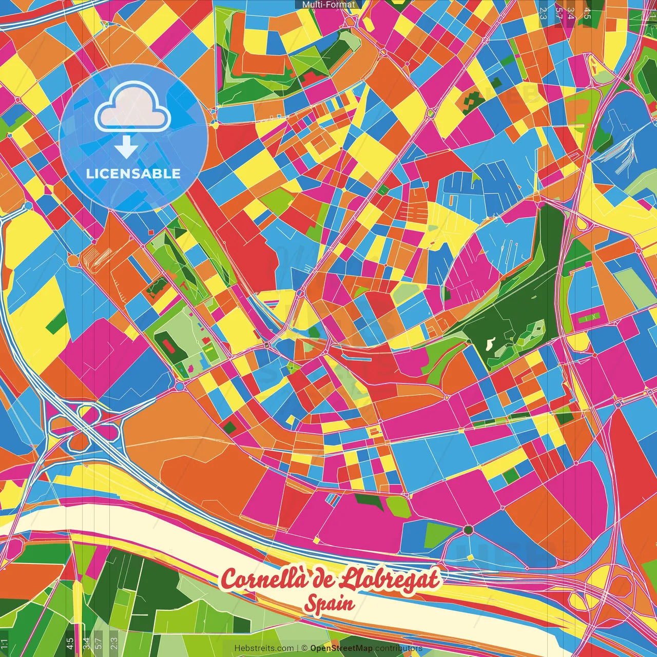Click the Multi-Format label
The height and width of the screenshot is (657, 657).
(x=328, y=5)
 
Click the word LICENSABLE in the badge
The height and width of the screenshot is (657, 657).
(x=133, y=173)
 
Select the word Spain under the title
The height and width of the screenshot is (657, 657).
(x=329, y=604)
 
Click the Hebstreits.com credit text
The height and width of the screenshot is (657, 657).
(x=264, y=648)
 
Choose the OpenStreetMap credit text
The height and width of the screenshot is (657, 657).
(x=341, y=648)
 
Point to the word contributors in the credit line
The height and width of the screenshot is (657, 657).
(x=399, y=648)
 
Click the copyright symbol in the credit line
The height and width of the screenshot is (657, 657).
(x=304, y=648)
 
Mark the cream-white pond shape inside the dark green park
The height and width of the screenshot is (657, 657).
(x=490, y=343)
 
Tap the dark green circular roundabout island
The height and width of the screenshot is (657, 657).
(x=468, y=530)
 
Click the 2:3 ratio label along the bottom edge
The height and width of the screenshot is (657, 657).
(x=114, y=643)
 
